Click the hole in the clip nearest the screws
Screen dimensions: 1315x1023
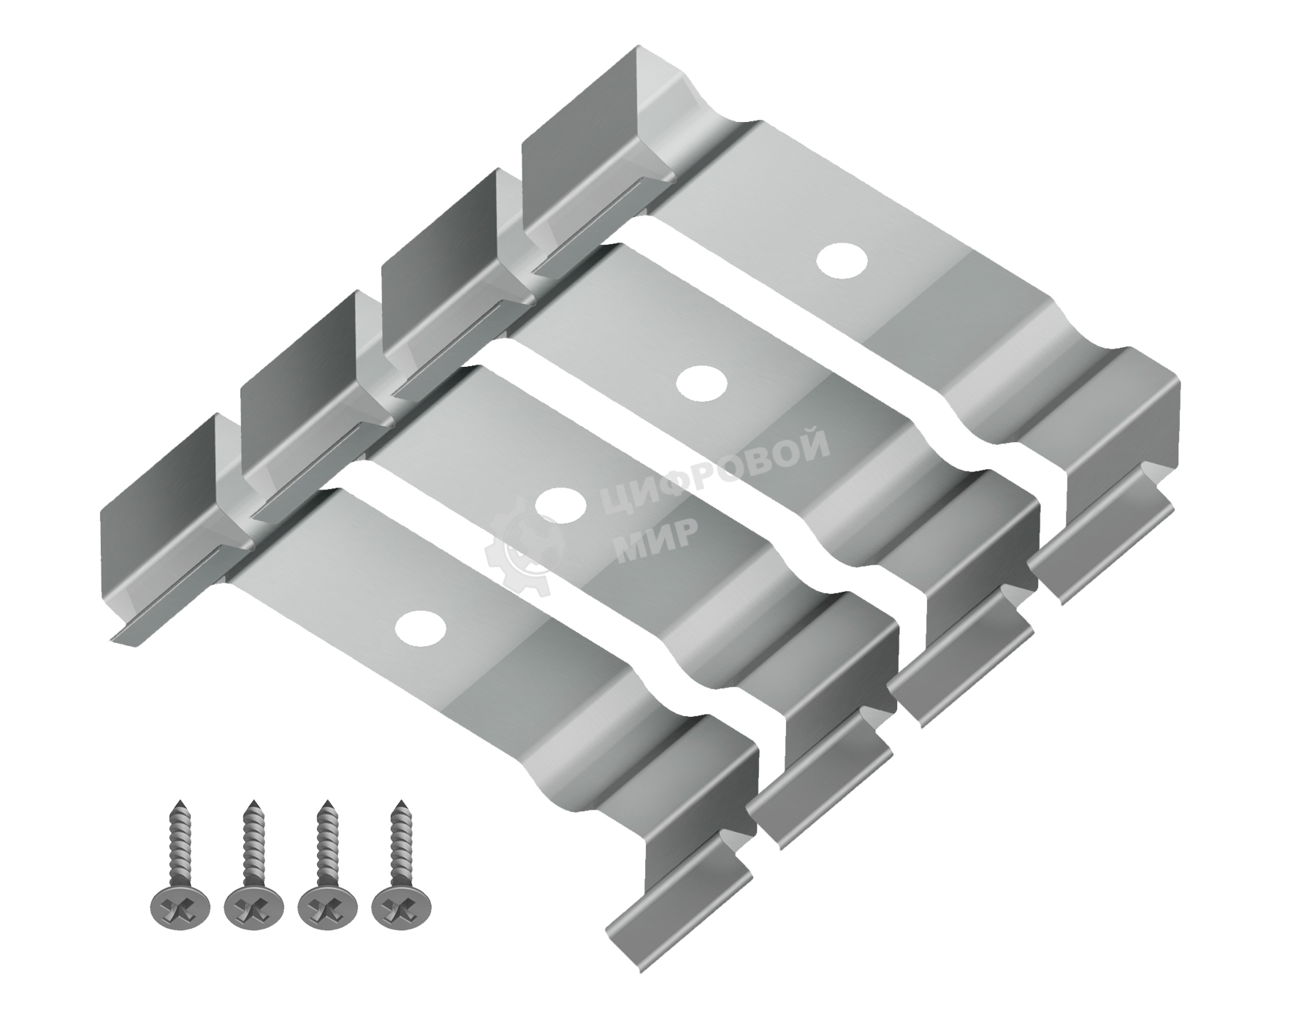tap(421, 628)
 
